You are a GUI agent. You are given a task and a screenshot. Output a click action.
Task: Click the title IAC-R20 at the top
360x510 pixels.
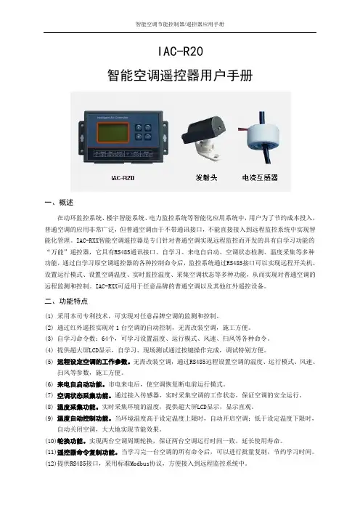(x=180, y=52)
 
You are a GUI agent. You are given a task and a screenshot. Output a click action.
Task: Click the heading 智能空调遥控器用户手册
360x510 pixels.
(x=180, y=76)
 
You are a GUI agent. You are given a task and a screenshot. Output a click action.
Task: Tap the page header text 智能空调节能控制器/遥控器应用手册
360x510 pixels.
(x=180, y=25)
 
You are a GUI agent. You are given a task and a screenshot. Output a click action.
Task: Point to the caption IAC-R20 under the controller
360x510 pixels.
(x=123, y=178)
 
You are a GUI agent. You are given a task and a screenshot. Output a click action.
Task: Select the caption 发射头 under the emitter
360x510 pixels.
(x=206, y=177)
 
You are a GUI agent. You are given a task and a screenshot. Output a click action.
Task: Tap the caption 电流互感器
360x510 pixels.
(x=260, y=177)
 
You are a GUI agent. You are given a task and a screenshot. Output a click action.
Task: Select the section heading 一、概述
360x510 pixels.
(x=59, y=203)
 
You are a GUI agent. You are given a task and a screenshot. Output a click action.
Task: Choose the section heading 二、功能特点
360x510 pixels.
(x=66, y=301)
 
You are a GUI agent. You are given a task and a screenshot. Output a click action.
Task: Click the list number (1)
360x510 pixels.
(x=49, y=316)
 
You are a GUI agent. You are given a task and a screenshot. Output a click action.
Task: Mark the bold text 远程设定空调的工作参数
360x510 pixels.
(x=94, y=362)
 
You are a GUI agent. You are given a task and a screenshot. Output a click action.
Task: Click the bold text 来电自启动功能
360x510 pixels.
(x=81, y=384)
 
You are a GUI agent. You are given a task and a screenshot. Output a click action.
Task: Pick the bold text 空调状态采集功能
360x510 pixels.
(x=84, y=395)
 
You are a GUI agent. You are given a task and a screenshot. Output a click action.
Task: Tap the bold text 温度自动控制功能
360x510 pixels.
(x=84, y=418)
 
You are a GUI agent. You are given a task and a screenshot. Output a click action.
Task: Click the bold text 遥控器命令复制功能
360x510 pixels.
(x=87, y=452)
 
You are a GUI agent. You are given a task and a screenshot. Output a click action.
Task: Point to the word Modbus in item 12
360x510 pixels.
(x=139, y=464)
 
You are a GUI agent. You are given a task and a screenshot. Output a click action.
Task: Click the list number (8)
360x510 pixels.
(x=49, y=407)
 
